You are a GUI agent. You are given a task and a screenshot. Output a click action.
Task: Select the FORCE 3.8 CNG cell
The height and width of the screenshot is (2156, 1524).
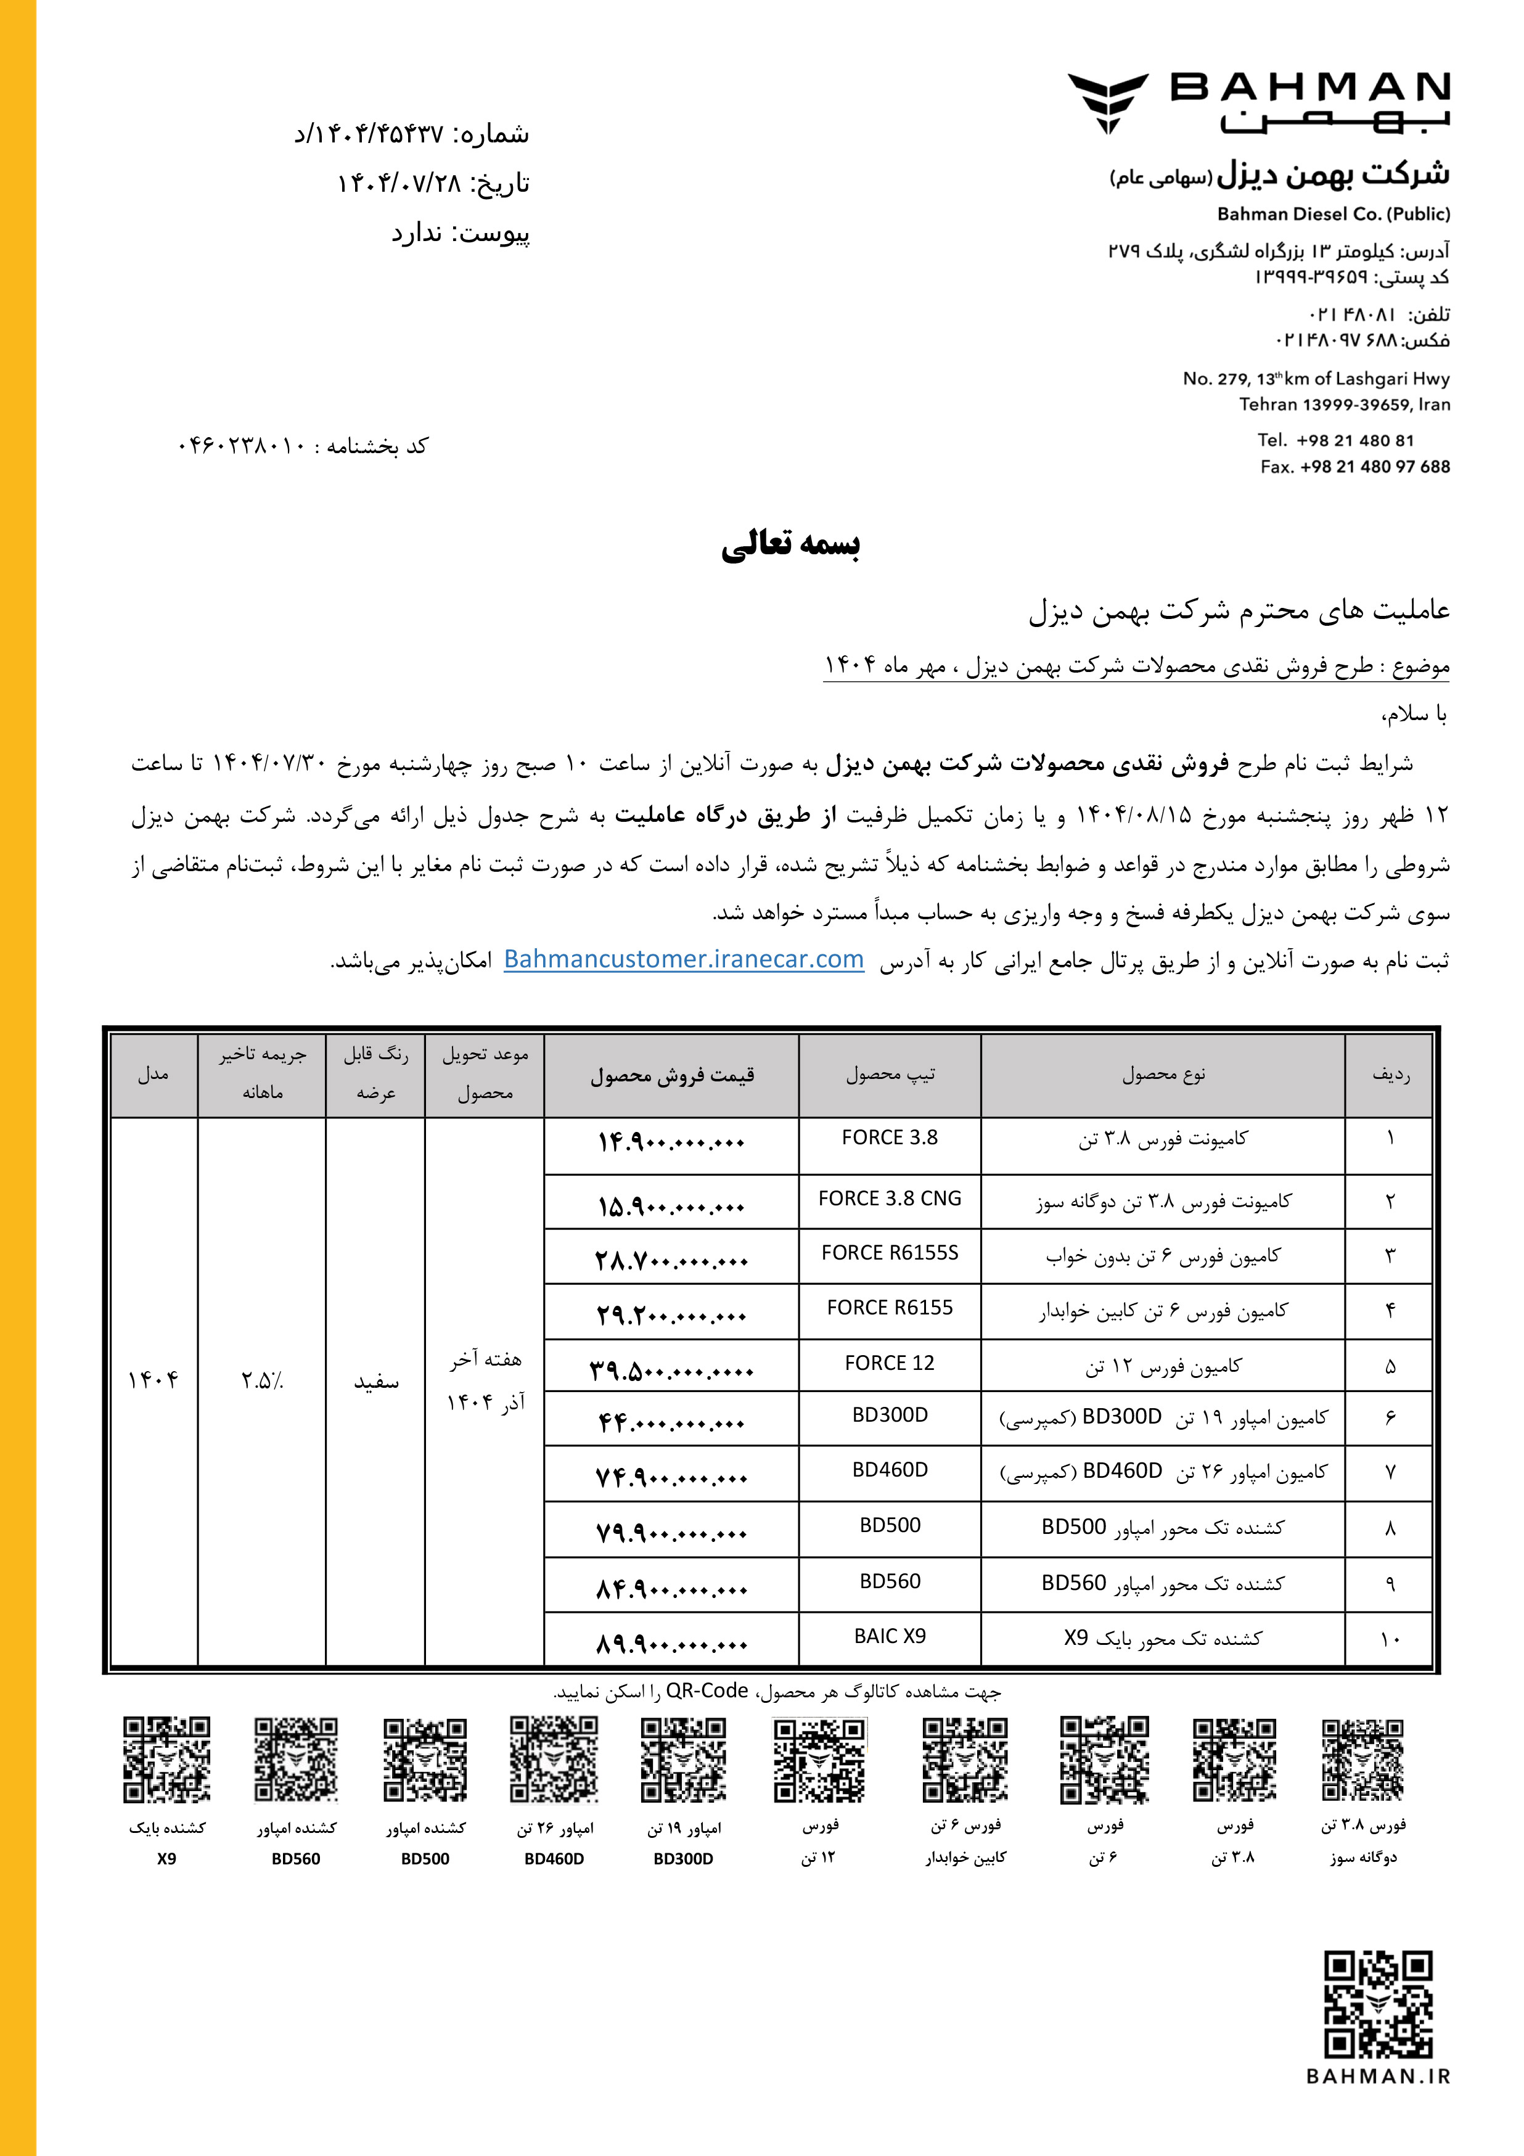[x=889, y=1199]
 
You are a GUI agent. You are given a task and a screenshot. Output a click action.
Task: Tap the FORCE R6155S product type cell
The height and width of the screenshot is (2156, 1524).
[x=889, y=1253]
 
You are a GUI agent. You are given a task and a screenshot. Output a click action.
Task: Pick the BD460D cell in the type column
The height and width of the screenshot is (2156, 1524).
[x=889, y=1470]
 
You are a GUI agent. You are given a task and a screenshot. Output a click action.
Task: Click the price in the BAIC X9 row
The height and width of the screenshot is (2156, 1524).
[x=671, y=1643]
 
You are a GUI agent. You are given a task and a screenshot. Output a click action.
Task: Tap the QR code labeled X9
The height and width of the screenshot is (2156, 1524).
[x=166, y=1760]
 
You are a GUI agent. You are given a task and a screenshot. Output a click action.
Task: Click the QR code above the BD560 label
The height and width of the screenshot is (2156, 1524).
[x=296, y=1760]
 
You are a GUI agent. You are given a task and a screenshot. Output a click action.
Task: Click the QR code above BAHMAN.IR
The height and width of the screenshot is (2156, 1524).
[x=1377, y=2004]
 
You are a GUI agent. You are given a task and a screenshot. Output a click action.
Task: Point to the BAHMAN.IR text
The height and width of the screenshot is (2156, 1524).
[x=1377, y=2076]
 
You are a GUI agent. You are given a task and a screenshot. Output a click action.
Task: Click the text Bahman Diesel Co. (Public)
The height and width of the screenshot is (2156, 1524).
[x=1333, y=214]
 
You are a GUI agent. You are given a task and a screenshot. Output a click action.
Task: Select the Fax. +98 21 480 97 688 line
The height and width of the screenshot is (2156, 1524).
[x=1355, y=467]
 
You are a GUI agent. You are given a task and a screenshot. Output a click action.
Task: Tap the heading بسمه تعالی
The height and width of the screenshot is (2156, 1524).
[x=790, y=544]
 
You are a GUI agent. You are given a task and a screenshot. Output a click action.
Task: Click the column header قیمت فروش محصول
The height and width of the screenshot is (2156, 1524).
[x=671, y=1076]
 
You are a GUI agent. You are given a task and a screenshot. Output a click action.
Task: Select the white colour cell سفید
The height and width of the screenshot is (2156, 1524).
[x=375, y=1381]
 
